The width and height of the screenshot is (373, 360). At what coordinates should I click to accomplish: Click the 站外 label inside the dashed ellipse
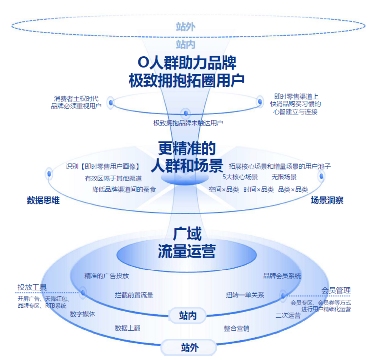point(186,27)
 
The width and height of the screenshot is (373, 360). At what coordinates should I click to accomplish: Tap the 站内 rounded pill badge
point(187,316)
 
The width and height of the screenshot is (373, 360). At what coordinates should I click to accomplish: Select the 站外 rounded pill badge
point(189,348)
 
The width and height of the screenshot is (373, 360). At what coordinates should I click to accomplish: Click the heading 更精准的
point(187,148)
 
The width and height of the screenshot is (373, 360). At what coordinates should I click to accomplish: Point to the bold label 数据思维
point(43,200)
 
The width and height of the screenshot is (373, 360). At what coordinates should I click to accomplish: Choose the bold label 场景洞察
point(327,200)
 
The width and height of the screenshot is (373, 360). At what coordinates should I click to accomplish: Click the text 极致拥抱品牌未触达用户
point(188,123)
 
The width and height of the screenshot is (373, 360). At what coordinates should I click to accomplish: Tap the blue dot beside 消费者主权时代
point(111,103)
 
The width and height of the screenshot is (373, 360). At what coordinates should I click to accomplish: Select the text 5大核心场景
point(240,177)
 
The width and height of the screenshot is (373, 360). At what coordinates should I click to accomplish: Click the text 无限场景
point(284,177)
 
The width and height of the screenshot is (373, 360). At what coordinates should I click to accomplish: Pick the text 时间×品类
point(258,189)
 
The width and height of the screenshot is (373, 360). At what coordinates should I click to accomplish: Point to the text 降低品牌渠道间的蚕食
point(124,189)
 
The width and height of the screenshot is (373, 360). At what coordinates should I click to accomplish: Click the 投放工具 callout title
point(32,287)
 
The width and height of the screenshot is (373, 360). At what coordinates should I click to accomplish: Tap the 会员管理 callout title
point(336,290)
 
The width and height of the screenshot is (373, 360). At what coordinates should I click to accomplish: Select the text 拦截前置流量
point(134,295)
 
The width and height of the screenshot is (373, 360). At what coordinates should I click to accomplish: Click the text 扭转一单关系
point(245,295)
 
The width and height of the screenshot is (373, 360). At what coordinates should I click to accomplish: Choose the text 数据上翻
point(127,328)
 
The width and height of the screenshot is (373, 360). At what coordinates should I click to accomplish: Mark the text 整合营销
point(236,328)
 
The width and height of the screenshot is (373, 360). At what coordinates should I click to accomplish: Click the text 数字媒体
point(82,314)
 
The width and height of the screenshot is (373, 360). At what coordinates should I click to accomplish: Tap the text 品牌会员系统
point(282,276)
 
